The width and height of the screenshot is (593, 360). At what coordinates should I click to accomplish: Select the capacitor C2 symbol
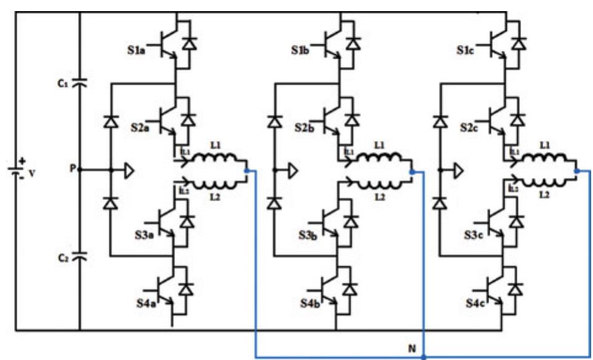pos(80,255)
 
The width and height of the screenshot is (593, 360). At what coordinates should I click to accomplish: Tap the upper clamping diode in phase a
pos(110,121)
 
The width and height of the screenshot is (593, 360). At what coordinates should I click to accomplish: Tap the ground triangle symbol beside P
pos(128,170)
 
